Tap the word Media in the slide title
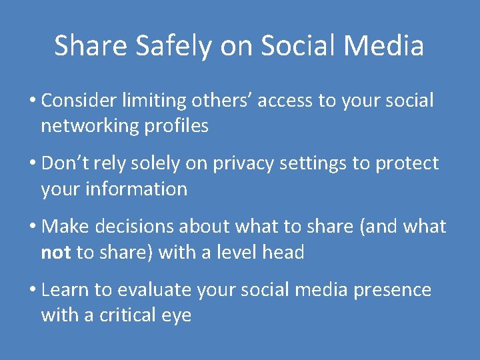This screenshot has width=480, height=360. [390, 46]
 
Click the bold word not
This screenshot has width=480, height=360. [56, 253]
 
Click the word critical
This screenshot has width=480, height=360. [125, 315]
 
